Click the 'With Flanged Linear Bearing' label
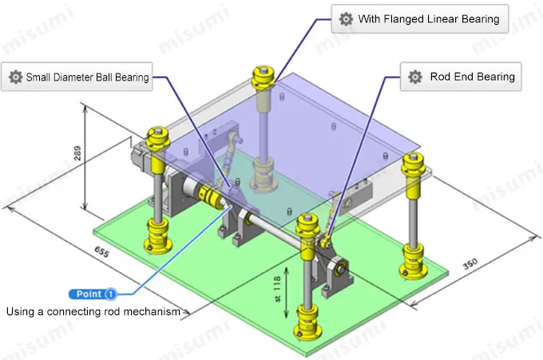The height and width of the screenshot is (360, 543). click(x=428, y=18)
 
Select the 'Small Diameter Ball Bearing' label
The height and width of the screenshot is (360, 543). click(x=87, y=77)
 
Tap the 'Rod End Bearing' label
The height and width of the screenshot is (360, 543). click(x=473, y=77)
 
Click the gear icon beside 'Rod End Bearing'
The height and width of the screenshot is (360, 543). click(x=415, y=77)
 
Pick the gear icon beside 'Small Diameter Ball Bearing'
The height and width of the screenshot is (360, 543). click(x=16, y=77)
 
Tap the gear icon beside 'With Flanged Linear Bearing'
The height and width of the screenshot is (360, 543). click(x=346, y=18)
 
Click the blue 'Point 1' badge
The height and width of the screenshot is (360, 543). click(x=93, y=294)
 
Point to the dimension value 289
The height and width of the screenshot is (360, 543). click(x=77, y=153)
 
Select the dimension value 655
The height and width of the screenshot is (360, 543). click(x=101, y=252)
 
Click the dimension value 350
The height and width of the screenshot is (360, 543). click(x=470, y=264)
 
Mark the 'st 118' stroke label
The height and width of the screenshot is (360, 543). click(x=277, y=289)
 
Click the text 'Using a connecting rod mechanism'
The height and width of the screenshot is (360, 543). click(x=93, y=311)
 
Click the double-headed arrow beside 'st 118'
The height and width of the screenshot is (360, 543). click(x=287, y=292)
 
